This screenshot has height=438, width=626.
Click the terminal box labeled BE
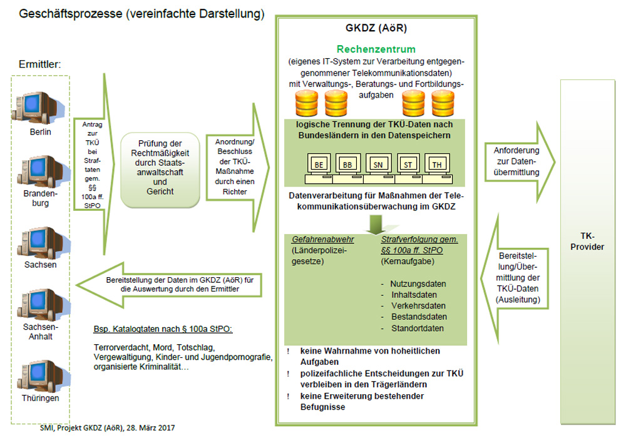tap(319, 165)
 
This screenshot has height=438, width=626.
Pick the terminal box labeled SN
tap(378, 165)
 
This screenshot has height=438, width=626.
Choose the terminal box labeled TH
tap(437, 165)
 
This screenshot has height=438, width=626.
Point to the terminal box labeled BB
tap(348, 165)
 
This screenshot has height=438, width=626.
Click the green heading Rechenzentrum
tap(376, 49)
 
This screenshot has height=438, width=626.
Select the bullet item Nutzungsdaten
tap(416, 283)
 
